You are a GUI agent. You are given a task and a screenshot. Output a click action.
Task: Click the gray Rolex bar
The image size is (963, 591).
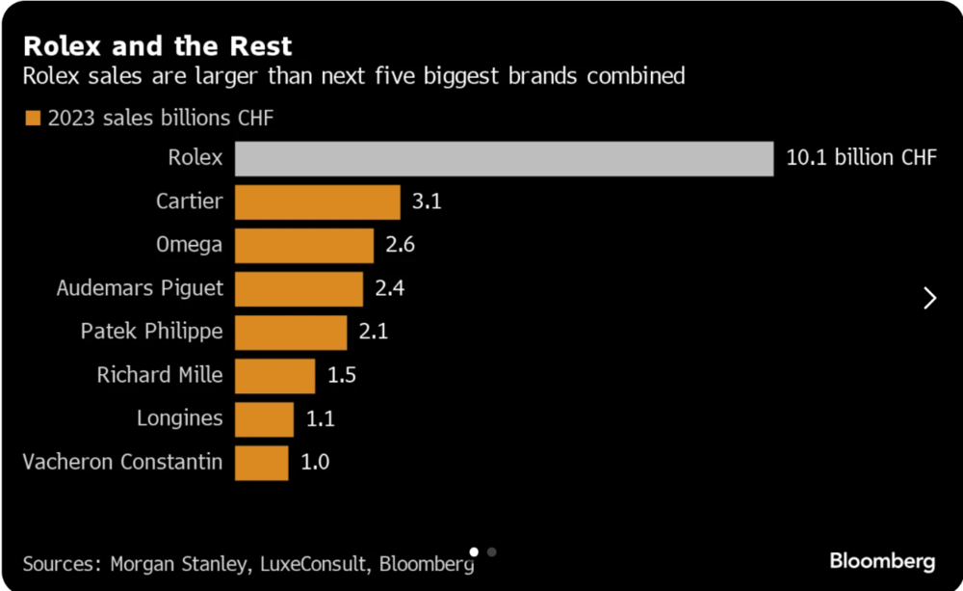[x=505, y=159]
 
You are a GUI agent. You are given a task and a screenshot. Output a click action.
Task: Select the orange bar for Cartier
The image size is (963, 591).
[x=318, y=202]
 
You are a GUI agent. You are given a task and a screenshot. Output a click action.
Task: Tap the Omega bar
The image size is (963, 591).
[x=304, y=246]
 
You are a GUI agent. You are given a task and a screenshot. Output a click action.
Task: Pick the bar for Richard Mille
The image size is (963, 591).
[x=275, y=376]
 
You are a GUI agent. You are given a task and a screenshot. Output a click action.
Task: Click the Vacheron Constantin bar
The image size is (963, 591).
[x=262, y=463]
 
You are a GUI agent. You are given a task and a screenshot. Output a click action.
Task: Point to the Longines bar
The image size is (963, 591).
[x=264, y=419]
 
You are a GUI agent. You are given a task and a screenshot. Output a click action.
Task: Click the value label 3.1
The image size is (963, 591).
[x=427, y=201]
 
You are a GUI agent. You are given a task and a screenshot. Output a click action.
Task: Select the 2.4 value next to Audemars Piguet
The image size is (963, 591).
[x=389, y=288]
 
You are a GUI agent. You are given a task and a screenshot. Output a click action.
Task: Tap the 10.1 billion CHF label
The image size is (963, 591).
[x=861, y=157]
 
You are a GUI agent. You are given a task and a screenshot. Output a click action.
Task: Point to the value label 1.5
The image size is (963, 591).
[x=342, y=375]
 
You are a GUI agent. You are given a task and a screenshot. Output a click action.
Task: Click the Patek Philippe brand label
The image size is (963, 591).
[x=152, y=332]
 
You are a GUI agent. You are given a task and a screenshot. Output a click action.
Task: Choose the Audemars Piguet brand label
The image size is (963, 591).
[x=140, y=288]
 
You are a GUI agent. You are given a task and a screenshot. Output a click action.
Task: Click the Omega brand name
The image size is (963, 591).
[x=189, y=245]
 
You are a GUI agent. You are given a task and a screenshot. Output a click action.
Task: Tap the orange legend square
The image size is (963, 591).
[x=33, y=118]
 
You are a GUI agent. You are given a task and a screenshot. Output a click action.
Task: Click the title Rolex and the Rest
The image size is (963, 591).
[x=157, y=46]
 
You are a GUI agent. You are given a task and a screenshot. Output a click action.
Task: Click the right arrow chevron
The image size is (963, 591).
[x=930, y=298]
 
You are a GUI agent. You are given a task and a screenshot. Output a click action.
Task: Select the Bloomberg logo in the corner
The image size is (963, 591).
[x=882, y=561]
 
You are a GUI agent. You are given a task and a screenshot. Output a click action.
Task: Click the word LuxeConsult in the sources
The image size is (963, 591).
[x=313, y=564]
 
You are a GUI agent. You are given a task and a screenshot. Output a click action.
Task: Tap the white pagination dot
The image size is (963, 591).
[x=474, y=552]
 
